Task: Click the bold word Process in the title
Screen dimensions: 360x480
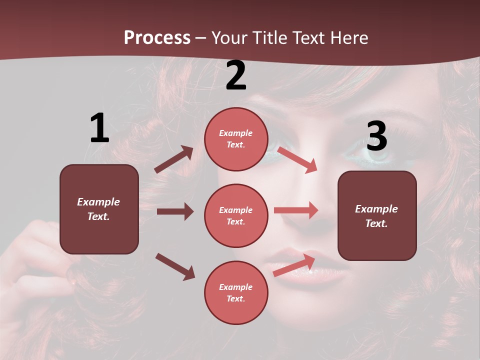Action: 157,38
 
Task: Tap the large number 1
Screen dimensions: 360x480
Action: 99,128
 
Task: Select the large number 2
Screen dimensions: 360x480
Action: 236,75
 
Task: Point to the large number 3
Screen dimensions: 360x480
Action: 377,135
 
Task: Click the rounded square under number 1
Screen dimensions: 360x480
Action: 99,209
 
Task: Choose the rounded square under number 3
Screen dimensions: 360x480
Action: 377,215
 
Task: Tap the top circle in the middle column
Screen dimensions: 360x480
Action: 236,139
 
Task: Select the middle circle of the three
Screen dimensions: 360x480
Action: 236,215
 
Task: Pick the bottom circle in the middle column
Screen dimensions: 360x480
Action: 236,292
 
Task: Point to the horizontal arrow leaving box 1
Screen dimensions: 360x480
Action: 175,211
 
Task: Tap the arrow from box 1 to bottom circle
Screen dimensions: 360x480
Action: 175,266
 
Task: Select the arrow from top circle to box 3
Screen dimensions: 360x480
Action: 297,159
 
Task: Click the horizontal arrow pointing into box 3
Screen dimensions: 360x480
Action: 296,210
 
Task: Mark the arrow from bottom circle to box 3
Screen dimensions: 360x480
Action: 294,265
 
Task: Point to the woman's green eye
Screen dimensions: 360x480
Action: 380,152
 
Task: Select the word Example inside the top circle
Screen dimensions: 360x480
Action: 236,133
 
